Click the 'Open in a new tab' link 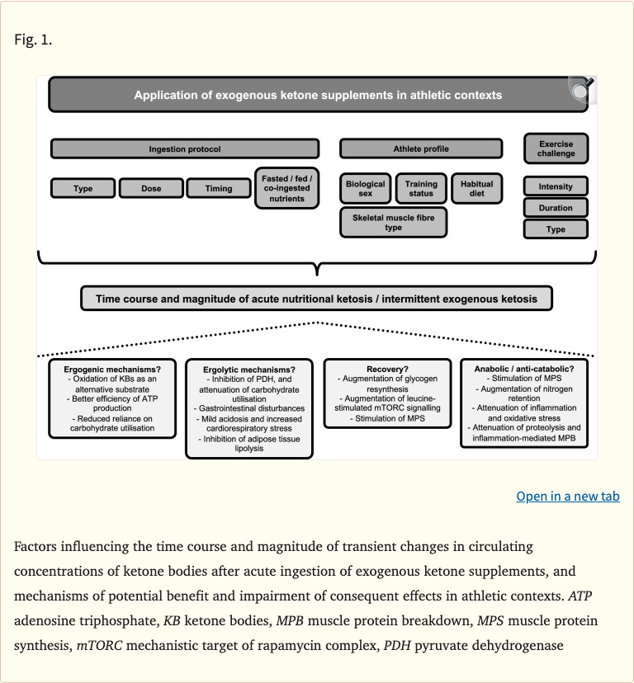point(568,496)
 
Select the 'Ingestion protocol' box point(185,149)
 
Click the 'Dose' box point(151,189)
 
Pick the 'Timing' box point(219,189)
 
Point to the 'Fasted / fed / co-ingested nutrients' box point(286,188)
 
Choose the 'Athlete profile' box point(421,149)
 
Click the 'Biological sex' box point(365,189)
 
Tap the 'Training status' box point(421,189)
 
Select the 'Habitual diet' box point(476,189)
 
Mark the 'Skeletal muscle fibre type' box point(393,223)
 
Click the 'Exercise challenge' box point(556,148)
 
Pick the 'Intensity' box point(556,186)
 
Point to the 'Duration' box point(556,208)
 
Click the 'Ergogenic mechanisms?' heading point(112,369)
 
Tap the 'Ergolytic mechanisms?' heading point(248,370)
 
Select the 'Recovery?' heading point(387,368)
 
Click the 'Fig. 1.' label point(33,39)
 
